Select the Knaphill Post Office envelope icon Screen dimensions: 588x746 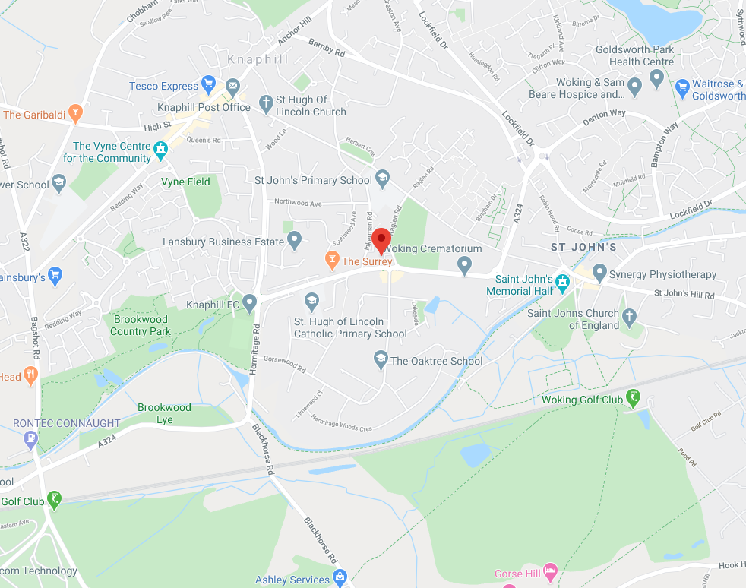(x=232, y=85)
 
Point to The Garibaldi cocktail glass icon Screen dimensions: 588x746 (x=74, y=115)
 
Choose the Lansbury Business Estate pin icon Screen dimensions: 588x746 (x=295, y=242)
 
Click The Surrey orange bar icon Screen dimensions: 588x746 (x=331, y=261)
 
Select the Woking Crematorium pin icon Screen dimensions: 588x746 (x=465, y=264)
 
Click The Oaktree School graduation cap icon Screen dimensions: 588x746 (x=381, y=360)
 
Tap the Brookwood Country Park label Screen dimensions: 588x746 (x=141, y=325)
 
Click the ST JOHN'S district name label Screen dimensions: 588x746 (x=583, y=248)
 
